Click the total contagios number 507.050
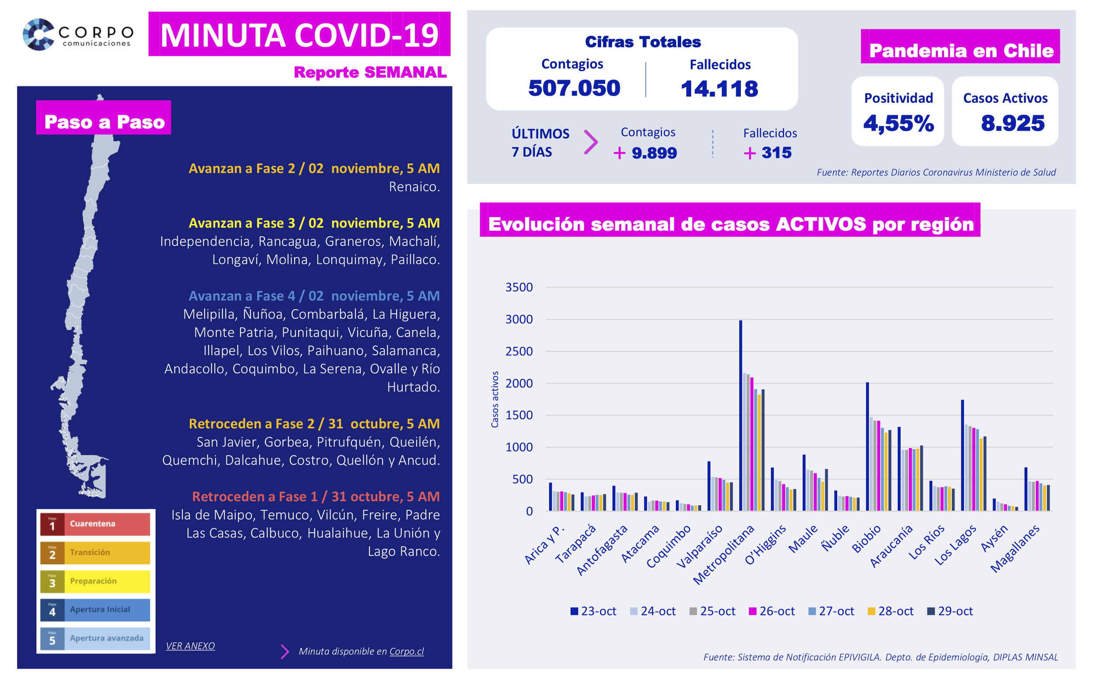point(574,88)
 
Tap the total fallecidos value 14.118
point(719,89)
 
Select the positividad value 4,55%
point(898,123)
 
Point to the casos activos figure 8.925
point(1012,123)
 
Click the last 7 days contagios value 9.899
point(654,153)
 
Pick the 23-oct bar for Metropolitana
point(740,416)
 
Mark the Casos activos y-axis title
point(495,399)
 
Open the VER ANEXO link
point(190,645)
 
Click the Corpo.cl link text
point(406,651)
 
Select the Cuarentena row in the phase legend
point(95,524)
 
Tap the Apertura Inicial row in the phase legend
point(95,610)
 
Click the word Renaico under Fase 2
point(414,187)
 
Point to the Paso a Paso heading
point(104,122)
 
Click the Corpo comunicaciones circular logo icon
point(39,35)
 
